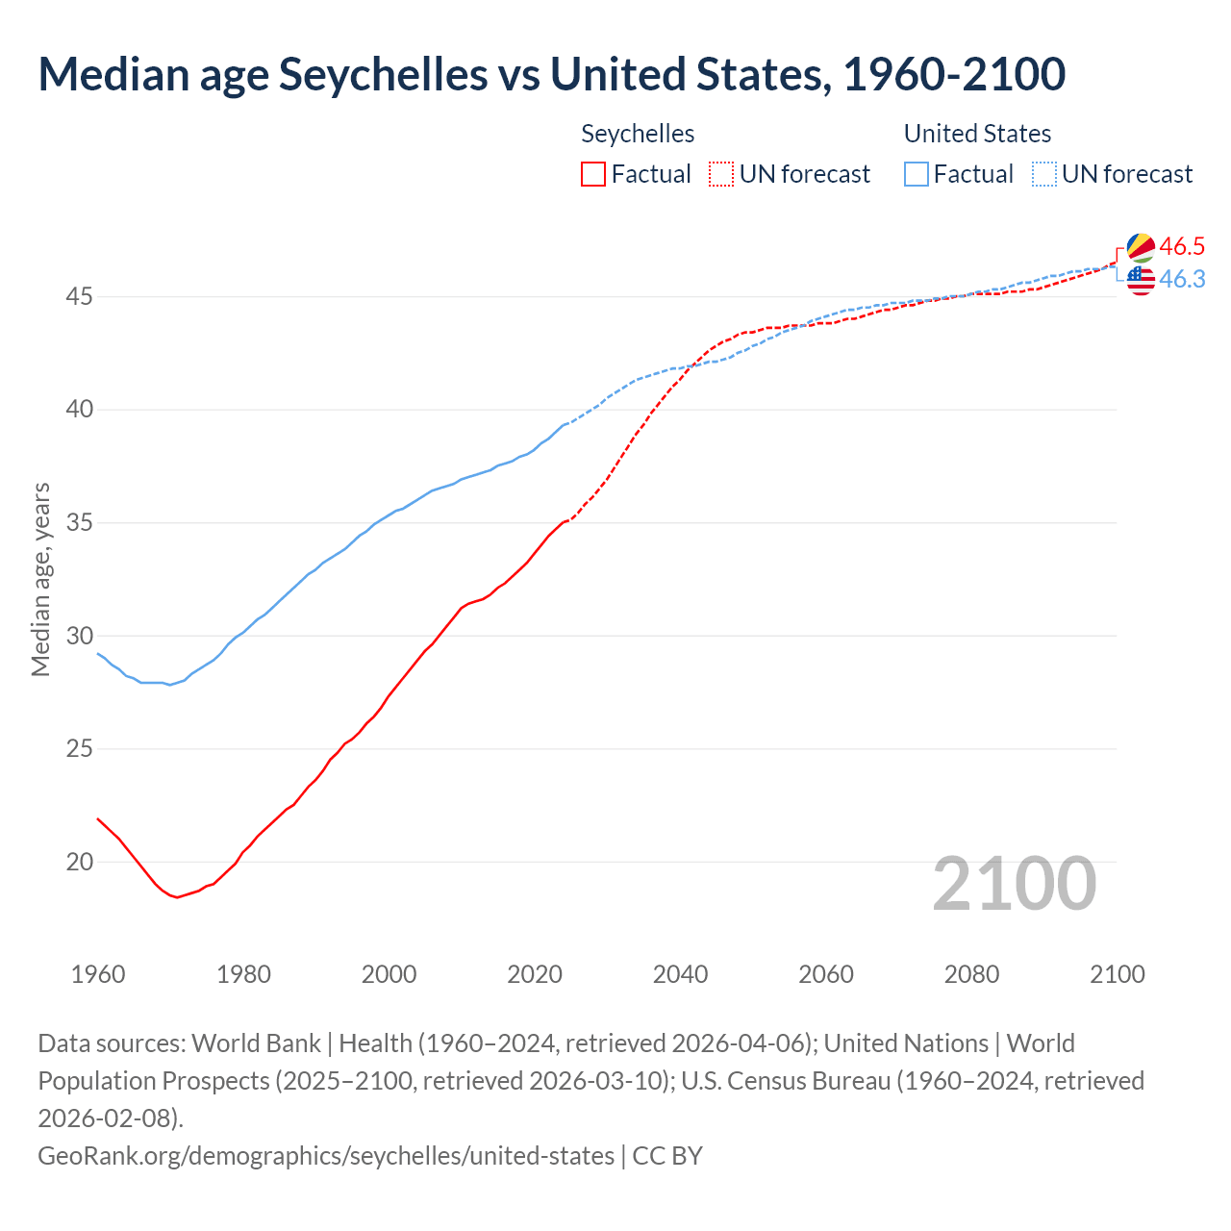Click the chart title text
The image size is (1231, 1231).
pyautogui.click(x=551, y=74)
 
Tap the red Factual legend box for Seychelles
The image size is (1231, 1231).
pyautogui.click(x=593, y=174)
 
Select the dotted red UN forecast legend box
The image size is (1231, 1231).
pyautogui.click(x=721, y=174)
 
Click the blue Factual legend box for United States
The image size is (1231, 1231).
pyautogui.click(x=916, y=174)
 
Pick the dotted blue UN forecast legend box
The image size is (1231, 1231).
pyautogui.click(x=1043, y=174)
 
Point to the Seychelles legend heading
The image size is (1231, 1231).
pyautogui.click(x=638, y=134)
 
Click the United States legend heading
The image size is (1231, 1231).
pyautogui.click(x=977, y=134)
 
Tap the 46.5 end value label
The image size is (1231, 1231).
pyautogui.click(x=1182, y=247)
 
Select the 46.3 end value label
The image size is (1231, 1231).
pyautogui.click(x=1182, y=279)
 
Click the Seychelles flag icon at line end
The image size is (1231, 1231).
pyautogui.click(x=1141, y=247)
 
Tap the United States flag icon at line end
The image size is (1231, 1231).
pyautogui.click(x=1141, y=281)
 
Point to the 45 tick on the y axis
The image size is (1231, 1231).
pyautogui.click(x=79, y=297)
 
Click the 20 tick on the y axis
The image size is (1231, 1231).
pyautogui.click(x=79, y=863)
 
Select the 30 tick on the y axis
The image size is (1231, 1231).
pyautogui.click(x=79, y=637)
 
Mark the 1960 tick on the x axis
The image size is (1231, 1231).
pyautogui.click(x=98, y=974)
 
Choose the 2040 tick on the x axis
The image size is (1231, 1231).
pyautogui.click(x=680, y=974)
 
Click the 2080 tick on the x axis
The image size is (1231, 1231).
pyautogui.click(x=971, y=974)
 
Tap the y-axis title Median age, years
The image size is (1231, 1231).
pyautogui.click(x=40, y=580)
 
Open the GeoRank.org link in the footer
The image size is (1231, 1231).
pyautogui.click(x=325, y=1155)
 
